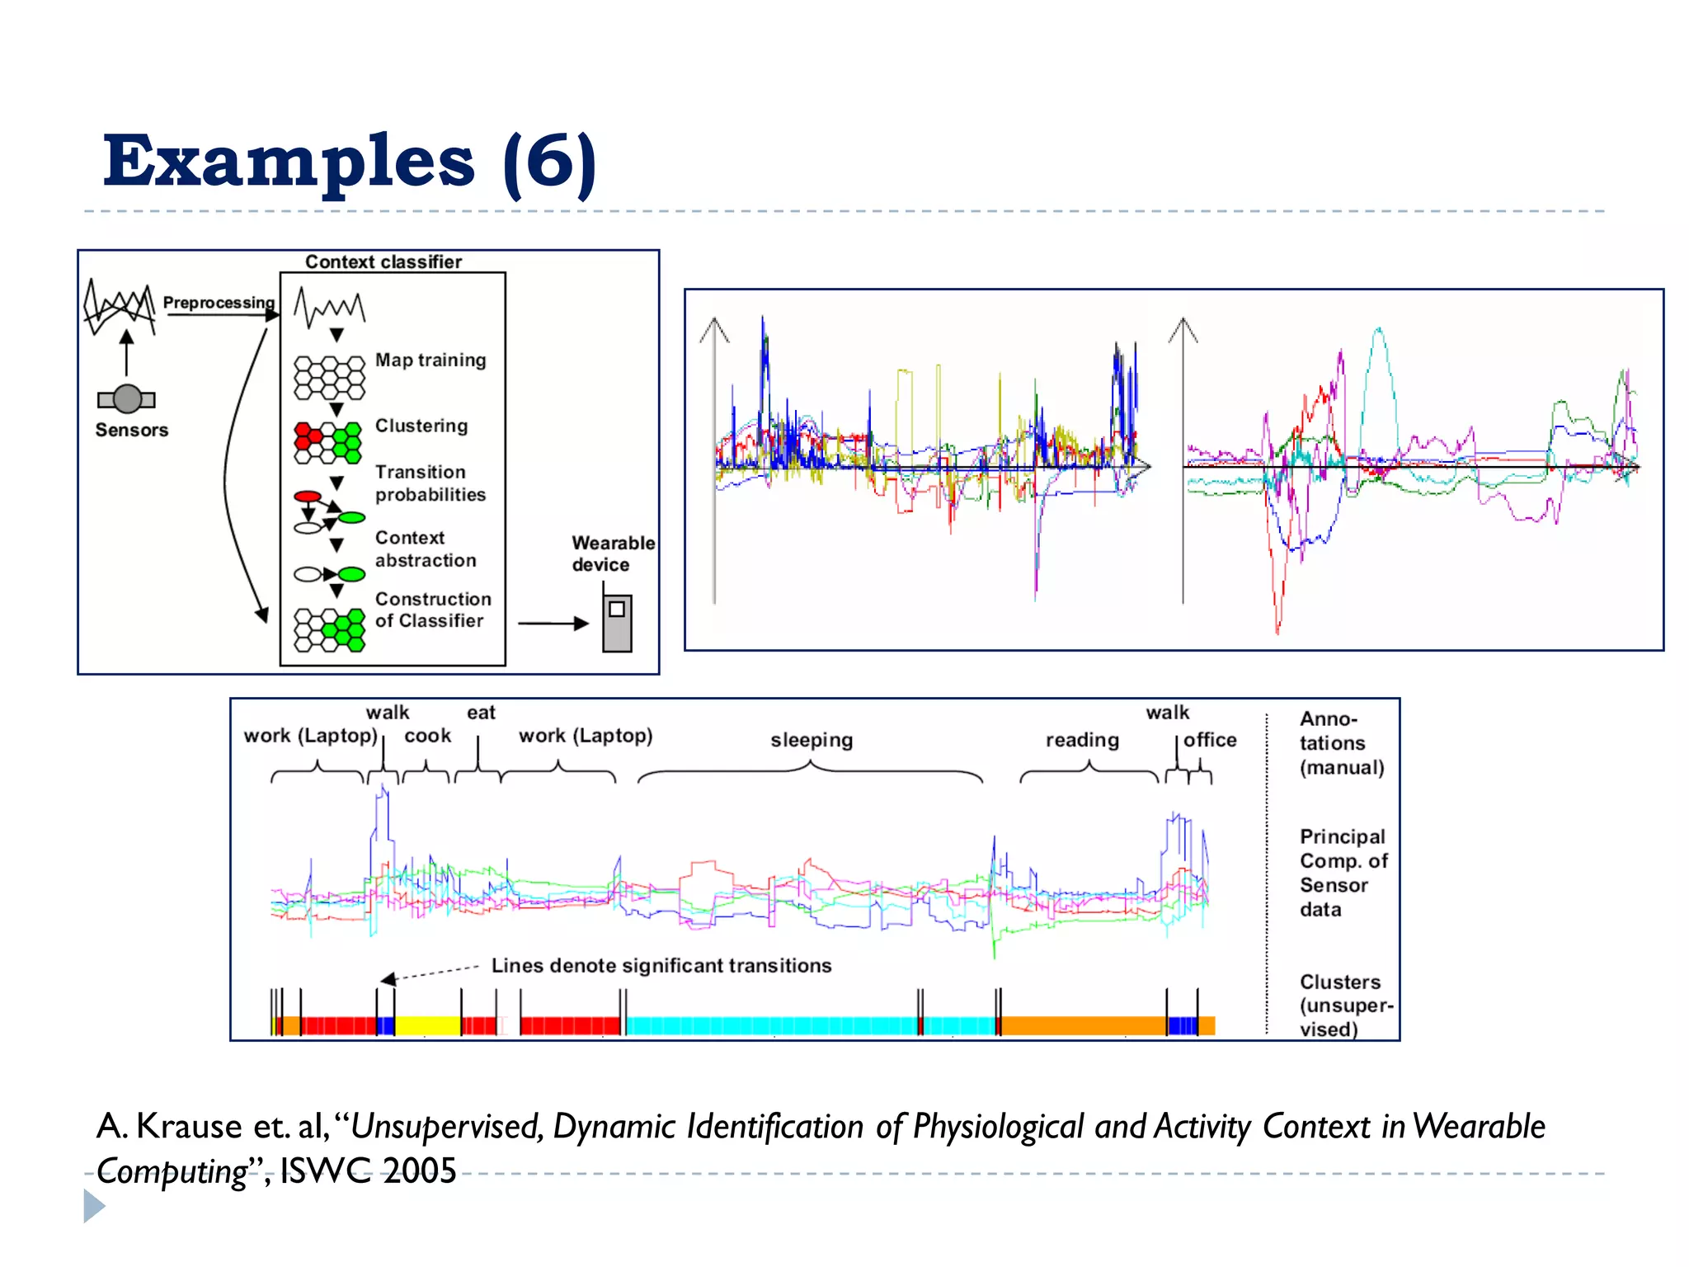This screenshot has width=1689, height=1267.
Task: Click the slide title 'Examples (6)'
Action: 349,162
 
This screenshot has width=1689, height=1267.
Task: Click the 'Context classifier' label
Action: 383,262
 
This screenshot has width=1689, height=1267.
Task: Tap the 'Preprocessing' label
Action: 219,303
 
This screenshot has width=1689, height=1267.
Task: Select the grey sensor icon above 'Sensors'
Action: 127,399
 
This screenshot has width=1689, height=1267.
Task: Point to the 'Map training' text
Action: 430,360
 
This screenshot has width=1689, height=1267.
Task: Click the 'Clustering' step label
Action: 421,426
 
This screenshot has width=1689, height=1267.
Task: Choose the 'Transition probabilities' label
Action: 430,483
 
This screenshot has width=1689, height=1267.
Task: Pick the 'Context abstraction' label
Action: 426,549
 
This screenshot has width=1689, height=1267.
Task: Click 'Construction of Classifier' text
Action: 432,610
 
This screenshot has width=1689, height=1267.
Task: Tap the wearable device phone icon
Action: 617,623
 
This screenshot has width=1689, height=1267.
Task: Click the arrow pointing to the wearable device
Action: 553,624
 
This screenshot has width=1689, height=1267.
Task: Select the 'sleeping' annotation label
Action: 812,741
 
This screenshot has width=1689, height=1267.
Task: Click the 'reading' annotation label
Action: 1082,741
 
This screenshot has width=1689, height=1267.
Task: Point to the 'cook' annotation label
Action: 427,736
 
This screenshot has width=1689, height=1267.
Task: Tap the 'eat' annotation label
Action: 481,713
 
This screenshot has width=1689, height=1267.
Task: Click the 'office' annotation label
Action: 1210,740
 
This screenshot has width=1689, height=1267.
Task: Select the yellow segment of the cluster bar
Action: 427,1025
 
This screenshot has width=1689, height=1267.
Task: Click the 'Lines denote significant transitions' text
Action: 661,966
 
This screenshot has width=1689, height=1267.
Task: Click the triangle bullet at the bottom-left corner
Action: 94,1206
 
